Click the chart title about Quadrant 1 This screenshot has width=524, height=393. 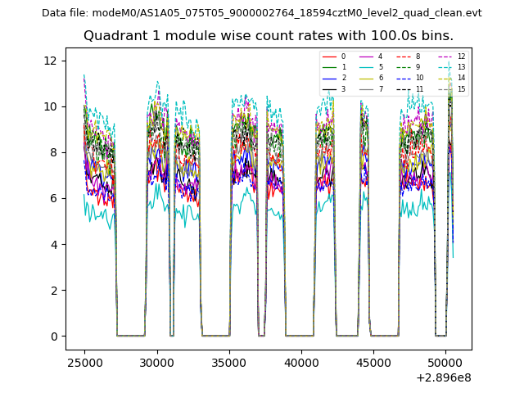pyautogui.click(x=268, y=36)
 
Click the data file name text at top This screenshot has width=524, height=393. pyautogui.click(x=261, y=13)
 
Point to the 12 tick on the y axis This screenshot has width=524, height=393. pyautogui.click(x=51, y=61)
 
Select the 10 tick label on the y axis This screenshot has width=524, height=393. pyautogui.click(x=51, y=106)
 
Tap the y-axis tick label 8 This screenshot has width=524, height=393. pyautogui.click(x=54, y=152)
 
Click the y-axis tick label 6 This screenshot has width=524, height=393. pyautogui.click(x=54, y=198)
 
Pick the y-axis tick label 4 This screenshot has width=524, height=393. pyautogui.click(x=54, y=244)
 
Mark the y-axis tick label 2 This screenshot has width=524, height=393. pyautogui.click(x=54, y=290)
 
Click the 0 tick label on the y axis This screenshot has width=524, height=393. pyautogui.click(x=54, y=337)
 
